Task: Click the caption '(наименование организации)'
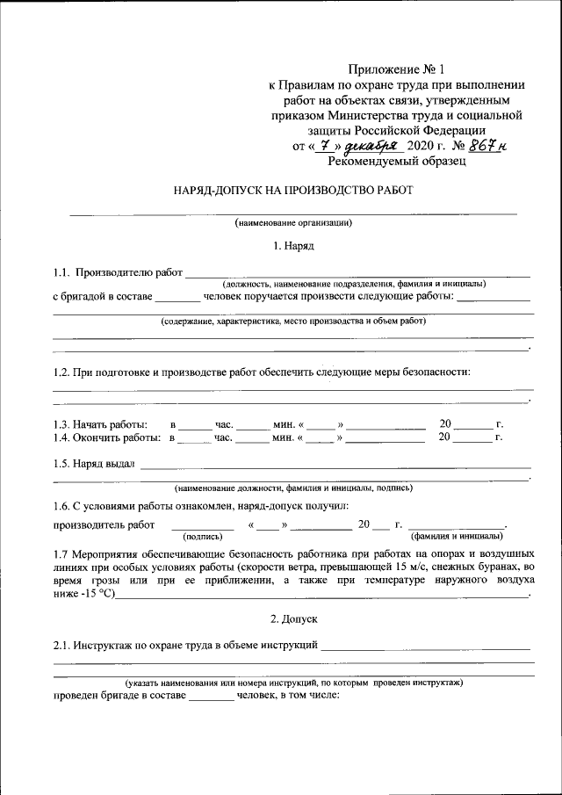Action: pyautogui.click(x=293, y=222)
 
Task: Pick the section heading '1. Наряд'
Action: pyautogui.click(x=293, y=246)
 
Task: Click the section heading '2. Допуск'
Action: pyautogui.click(x=293, y=619)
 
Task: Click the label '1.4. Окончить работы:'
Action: pyautogui.click(x=105, y=437)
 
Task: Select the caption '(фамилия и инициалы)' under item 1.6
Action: pyautogui.click(x=457, y=535)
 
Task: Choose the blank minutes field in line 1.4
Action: pyautogui.click(x=253, y=437)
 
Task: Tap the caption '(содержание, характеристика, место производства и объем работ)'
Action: pyautogui.click(x=293, y=322)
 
